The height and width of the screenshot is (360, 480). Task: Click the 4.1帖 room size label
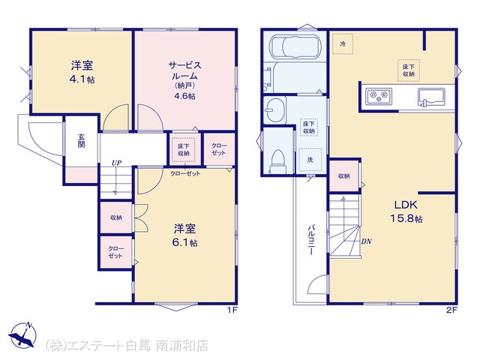(82, 79)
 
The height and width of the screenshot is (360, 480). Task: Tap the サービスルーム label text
(185, 70)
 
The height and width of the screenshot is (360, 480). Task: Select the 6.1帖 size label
(185, 243)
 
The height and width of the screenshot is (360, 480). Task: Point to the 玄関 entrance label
(81, 140)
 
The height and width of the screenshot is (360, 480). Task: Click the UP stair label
(117, 163)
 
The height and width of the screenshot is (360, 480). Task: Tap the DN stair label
(366, 241)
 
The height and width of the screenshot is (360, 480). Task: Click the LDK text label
(406, 205)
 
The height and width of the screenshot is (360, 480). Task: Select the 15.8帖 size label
(406, 218)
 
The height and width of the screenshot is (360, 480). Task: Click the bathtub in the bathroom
(295, 46)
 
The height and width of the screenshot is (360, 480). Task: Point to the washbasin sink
(275, 109)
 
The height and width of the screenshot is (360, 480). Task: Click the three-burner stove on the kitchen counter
(379, 96)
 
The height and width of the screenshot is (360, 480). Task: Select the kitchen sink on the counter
(431, 97)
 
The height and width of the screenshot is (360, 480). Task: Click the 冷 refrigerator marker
(343, 43)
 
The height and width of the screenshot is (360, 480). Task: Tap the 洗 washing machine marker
(310, 160)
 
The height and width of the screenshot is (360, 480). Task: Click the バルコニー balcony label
(311, 240)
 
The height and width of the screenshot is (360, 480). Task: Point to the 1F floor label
(232, 310)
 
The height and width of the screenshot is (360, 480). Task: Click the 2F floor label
(451, 310)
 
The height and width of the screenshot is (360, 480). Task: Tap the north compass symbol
(22, 335)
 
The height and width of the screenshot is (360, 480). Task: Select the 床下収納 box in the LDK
(408, 70)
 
